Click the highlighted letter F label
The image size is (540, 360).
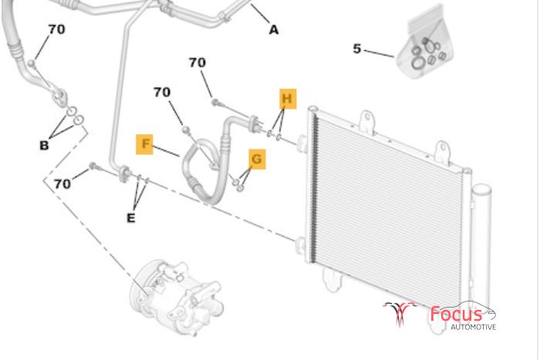click(x=144, y=144)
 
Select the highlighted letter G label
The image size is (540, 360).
click(x=257, y=159)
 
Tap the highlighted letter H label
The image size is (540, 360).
click(x=288, y=99)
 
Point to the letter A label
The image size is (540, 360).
click(x=273, y=30)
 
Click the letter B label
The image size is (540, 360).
click(x=44, y=145)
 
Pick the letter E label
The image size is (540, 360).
click(x=131, y=218)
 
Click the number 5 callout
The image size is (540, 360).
click(x=357, y=49)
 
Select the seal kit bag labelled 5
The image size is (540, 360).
click(x=426, y=44)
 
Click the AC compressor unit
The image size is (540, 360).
click(x=177, y=298)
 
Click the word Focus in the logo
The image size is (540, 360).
click(x=456, y=314)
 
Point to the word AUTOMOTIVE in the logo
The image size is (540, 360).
click(x=474, y=327)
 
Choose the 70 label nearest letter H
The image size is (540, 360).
click(x=197, y=62)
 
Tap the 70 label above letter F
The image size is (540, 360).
click(x=162, y=92)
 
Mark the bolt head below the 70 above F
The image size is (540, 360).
click(x=186, y=130)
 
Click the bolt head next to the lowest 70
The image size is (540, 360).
click(x=93, y=166)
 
